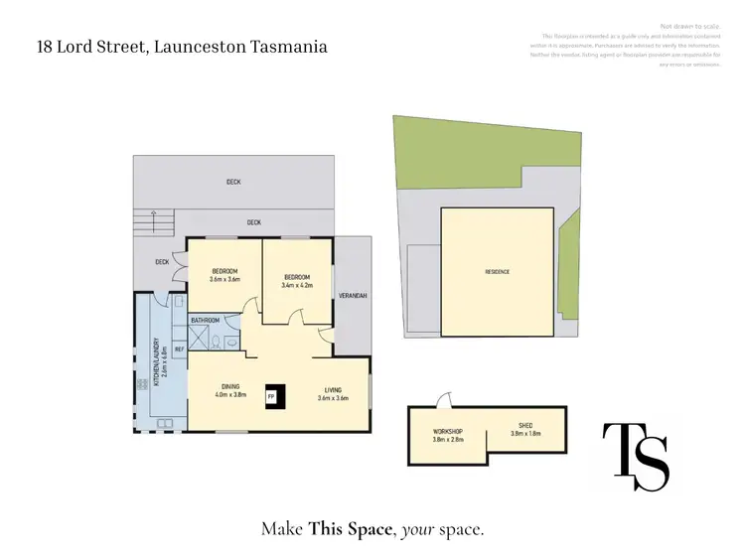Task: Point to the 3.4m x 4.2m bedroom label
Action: pos(297,281)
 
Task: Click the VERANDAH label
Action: pos(353,296)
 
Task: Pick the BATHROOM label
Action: pos(206,320)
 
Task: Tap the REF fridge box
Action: pos(180,349)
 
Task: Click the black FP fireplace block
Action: pos(272,396)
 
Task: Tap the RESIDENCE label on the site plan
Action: pos(497,271)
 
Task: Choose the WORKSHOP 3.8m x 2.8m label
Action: pos(448,436)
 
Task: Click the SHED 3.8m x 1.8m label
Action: pos(524,429)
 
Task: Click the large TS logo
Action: pos(637,455)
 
